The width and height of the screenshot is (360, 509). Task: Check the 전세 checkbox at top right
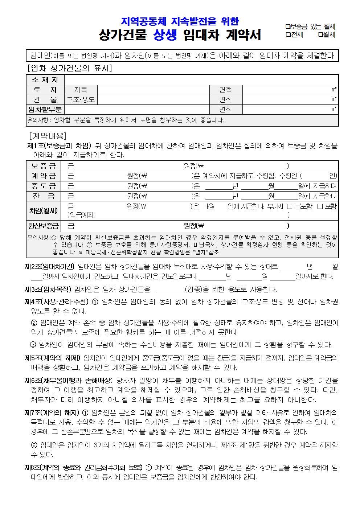pyautogui.click(x=288, y=35)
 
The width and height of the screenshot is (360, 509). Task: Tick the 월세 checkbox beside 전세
pyautogui.click(x=320, y=35)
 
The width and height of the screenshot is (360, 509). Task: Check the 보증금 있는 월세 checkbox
pyautogui.click(x=288, y=26)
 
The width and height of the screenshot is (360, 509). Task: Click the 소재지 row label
pyautogui.click(x=45, y=80)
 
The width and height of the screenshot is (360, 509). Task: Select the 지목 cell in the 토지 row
pyautogui.click(x=81, y=90)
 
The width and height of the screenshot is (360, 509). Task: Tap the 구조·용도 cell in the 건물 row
pyautogui.click(x=81, y=99)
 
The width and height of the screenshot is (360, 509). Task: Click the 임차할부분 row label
pyautogui.click(x=45, y=109)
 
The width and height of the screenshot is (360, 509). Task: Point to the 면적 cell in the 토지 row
pyautogui.click(x=225, y=90)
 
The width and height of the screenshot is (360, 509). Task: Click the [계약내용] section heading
pyautogui.click(x=48, y=136)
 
